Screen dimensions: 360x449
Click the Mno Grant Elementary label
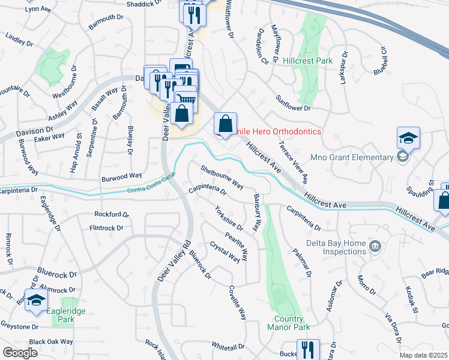[351, 158]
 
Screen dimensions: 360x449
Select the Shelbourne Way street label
[221, 178]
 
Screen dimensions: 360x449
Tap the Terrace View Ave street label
[293, 163]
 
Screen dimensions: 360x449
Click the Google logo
[20, 353]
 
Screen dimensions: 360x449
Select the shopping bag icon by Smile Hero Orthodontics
[225, 124]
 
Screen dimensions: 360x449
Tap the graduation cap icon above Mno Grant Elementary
[408, 138]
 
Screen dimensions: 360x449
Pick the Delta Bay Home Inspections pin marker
[375, 246]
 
